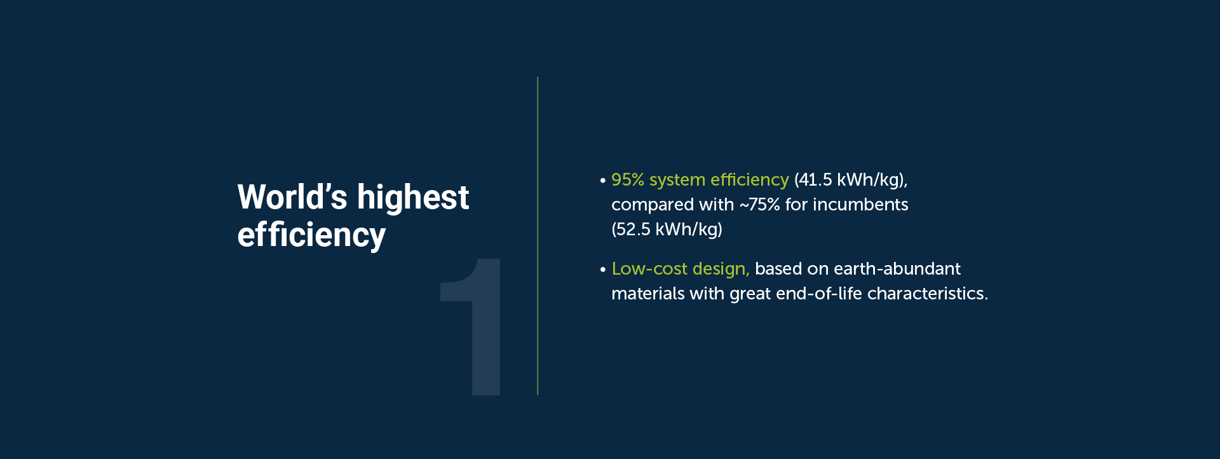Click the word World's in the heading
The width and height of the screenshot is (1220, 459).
pyautogui.click(x=292, y=197)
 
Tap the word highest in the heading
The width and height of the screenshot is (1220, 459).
pyautogui.click(x=412, y=198)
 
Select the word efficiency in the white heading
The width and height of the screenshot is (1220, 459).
pyautogui.click(x=311, y=236)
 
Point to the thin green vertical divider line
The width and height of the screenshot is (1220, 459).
pyautogui.click(x=538, y=236)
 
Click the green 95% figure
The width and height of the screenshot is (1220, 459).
pyautogui.click(x=627, y=180)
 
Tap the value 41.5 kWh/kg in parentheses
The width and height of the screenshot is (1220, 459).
pyautogui.click(x=850, y=181)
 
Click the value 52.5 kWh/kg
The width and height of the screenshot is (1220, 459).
pyautogui.click(x=667, y=229)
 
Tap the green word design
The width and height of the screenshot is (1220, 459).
pyautogui.click(x=721, y=270)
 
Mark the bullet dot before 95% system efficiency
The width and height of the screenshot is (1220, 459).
pyautogui.click(x=602, y=181)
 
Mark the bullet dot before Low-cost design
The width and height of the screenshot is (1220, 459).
pyautogui.click(x=602, y=270)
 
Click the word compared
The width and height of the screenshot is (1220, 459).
pyautogui.click(x=643, y=205)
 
